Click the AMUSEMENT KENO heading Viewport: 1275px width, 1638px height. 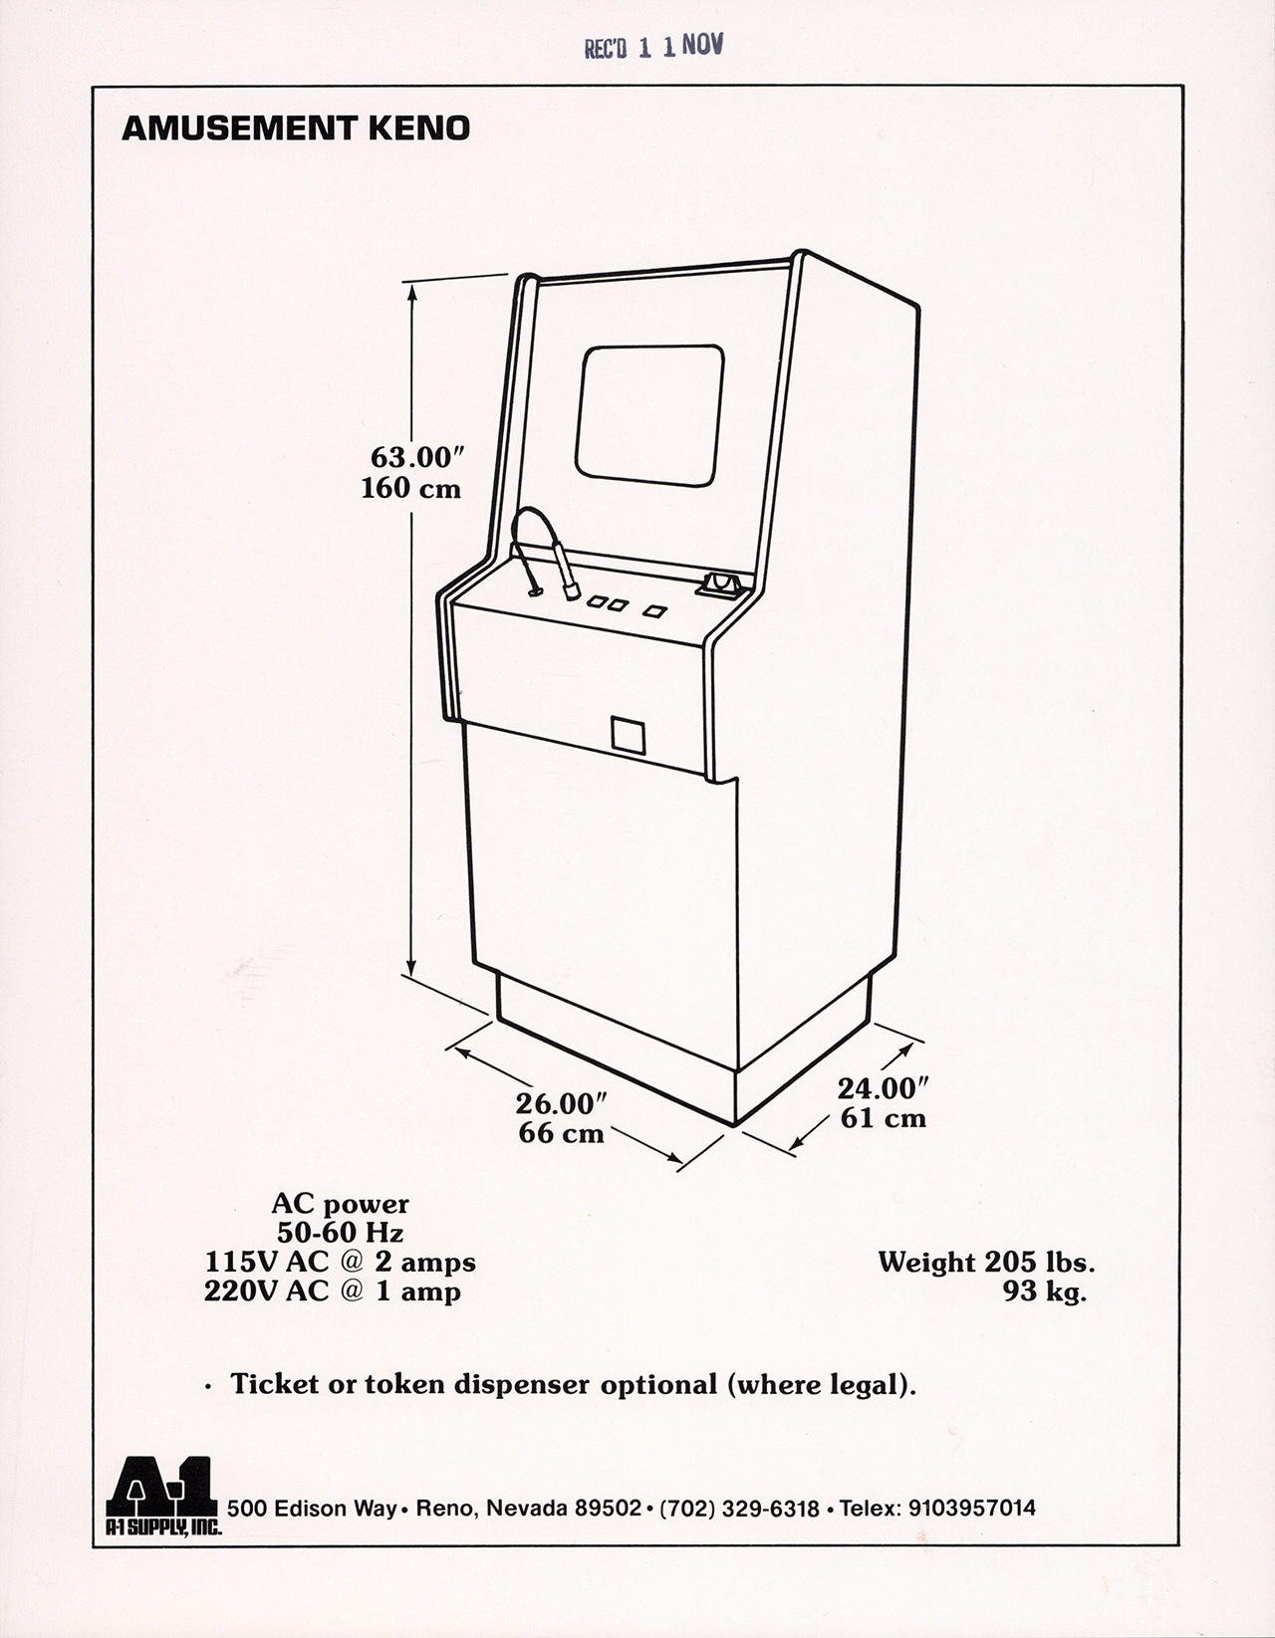[x=295, y=129]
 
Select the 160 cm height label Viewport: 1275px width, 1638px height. [x=411, y=489]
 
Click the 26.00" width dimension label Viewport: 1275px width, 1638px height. [x=562, y=1103]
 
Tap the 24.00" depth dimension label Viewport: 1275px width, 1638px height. [x=884, y=1087]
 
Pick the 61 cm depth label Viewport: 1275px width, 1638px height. [x=884, y=1118]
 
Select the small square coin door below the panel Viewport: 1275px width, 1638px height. [x=630, y=734]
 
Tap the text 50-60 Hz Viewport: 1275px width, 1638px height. [x=341, y=1232]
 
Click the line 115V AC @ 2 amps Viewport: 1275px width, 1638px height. [x=341, y=1262]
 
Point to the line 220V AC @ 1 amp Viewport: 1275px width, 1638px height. [x=333, y=1292]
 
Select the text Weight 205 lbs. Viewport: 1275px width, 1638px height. [x=986, y=1263]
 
